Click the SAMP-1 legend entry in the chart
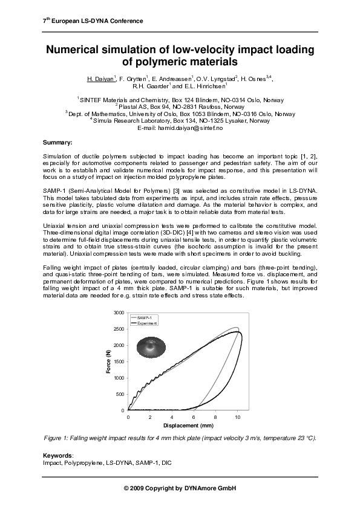tap(144, 317)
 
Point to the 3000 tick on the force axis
tap(119, 313)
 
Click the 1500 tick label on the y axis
tap(119, 361)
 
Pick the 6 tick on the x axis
tap(194, 417)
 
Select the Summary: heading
tap(57, 143)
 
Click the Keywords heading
tap(57, 455)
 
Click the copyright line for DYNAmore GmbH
tap(179, 488)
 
